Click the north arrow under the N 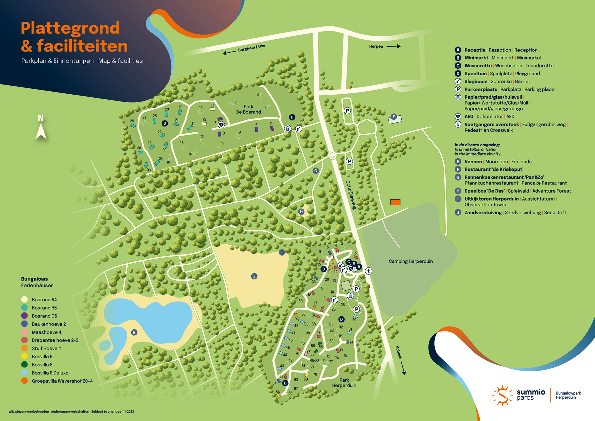41,132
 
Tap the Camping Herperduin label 411,261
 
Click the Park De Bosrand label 248,109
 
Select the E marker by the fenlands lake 134,332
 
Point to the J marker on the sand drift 254,276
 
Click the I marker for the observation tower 282,252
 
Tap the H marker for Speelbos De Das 301,212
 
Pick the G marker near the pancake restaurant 316,170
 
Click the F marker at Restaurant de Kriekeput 394,117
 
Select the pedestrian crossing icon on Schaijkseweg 369,271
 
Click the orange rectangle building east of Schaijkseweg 395,202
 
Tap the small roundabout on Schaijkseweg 332,155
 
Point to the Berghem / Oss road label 251,48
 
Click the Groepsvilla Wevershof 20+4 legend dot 24,381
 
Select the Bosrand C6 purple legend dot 24,316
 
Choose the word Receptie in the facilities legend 475,50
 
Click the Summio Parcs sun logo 502,395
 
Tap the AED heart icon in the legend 458,116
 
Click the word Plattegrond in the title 70,28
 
